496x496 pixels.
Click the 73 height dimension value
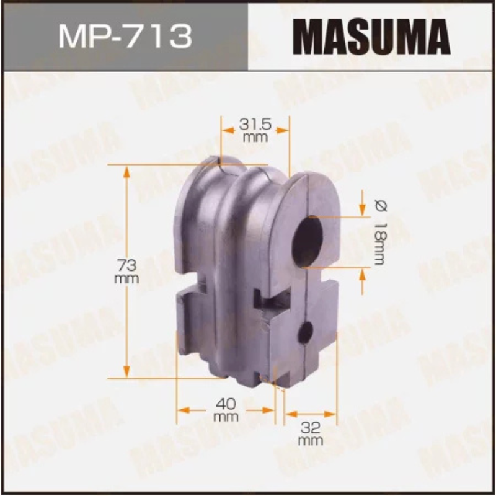point(126,265)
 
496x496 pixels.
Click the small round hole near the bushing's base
point(306,333)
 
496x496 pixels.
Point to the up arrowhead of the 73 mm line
point(127,170)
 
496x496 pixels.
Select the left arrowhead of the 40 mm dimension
point(182,410)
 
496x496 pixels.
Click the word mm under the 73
point(126,279)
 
